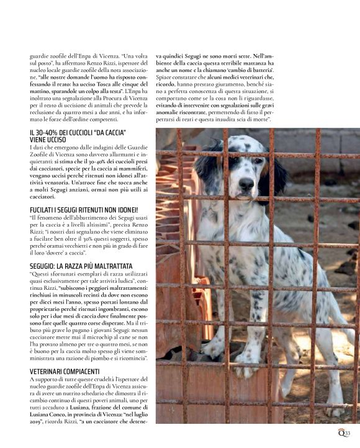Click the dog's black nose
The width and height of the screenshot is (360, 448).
246,183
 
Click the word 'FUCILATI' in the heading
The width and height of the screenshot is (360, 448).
45,210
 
